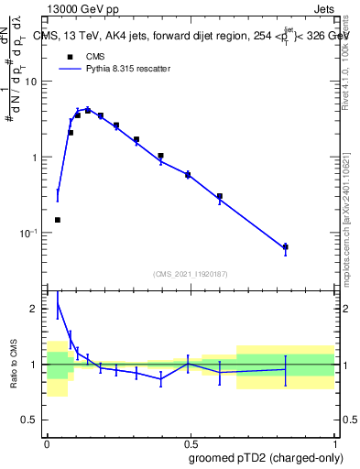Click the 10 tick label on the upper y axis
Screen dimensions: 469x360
(x=32, y=82)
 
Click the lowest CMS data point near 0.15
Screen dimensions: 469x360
(x=58, y=220)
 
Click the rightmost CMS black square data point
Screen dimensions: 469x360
(x=286, y=246)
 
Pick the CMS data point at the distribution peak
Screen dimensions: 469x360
(x=88, y=110)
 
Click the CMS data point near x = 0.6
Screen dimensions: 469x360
(x=220, y=196)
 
